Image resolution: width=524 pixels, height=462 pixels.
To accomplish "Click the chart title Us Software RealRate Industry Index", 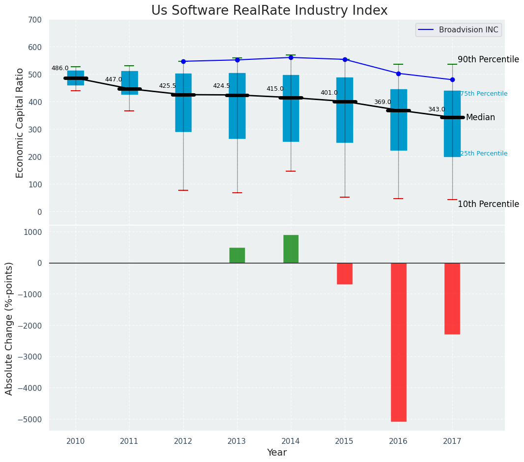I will [x=269, y=11].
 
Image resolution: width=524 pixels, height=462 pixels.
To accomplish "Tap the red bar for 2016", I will [x=398, y=342].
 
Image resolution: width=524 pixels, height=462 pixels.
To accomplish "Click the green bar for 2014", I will [x=291, y=249].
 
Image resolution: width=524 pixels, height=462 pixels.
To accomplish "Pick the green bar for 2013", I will [x=237, y=256].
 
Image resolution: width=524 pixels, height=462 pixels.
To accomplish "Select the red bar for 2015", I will [x=344, y=274].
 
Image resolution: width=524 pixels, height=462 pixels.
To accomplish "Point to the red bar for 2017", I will [x=452, y=298].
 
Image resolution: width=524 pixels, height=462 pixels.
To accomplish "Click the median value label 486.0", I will [x=60, y=69].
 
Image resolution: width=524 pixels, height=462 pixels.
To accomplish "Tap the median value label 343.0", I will [x=437, y=110].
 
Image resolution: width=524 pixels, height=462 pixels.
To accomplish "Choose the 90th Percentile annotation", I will [x=488, y=60].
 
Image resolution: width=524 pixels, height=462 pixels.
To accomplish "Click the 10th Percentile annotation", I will [x=488, y=205].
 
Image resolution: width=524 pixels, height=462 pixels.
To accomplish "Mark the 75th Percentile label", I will [x=484, y=94].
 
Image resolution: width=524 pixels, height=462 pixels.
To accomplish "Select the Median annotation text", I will [x=480, y=118].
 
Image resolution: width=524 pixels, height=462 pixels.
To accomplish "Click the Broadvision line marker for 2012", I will [x=183, y=61].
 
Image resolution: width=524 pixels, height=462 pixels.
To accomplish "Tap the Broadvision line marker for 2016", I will [x=398, y=74].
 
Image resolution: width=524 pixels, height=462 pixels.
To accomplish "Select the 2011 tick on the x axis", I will [x=129, y=441].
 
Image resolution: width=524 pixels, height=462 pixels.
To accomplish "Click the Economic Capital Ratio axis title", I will [x=20, y=123].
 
